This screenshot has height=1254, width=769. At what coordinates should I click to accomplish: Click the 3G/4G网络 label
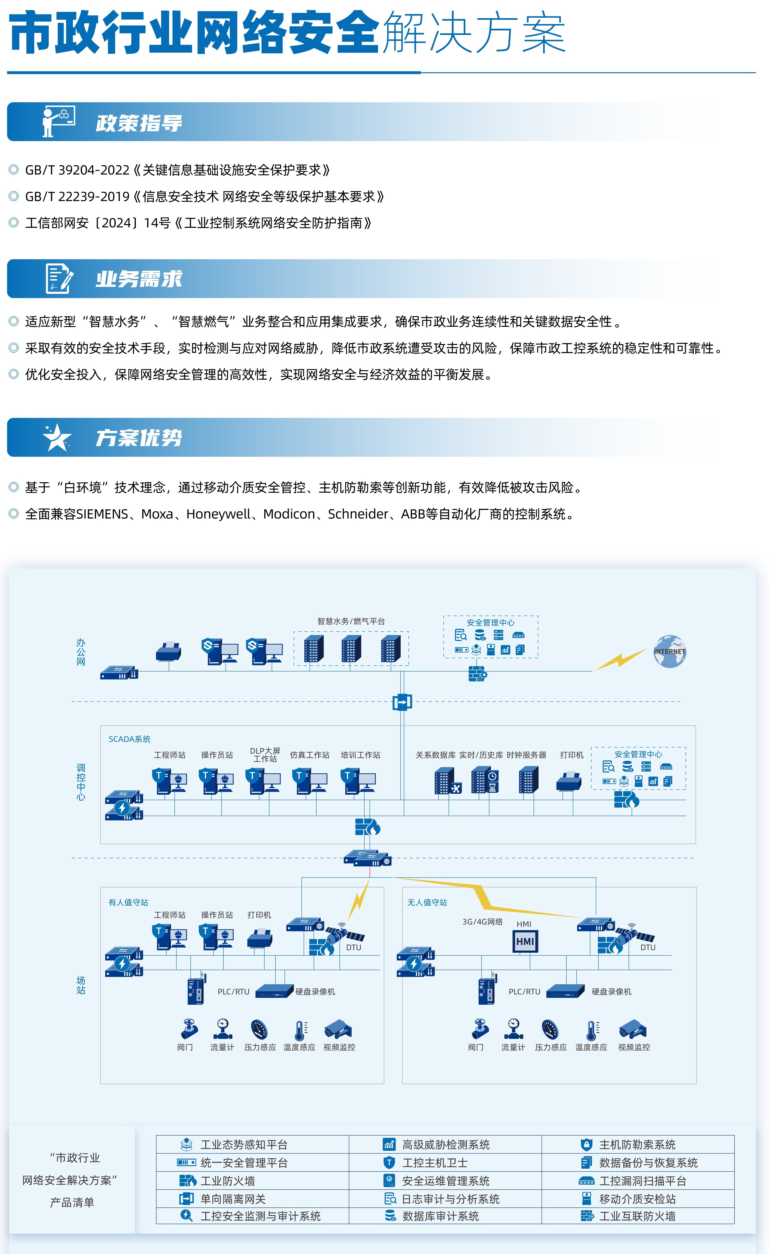(482, 922)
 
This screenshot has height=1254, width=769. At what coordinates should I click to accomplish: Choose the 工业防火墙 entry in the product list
(227, 1181)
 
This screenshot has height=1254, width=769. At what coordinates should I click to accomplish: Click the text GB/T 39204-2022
(77, 170)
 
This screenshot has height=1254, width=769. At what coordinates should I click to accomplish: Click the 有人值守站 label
(128, 902)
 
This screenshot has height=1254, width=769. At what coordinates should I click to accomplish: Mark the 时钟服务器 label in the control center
(526, 755)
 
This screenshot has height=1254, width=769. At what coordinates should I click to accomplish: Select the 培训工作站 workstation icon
(360, 781)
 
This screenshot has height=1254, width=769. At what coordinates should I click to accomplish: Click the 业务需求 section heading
(138, 279)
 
